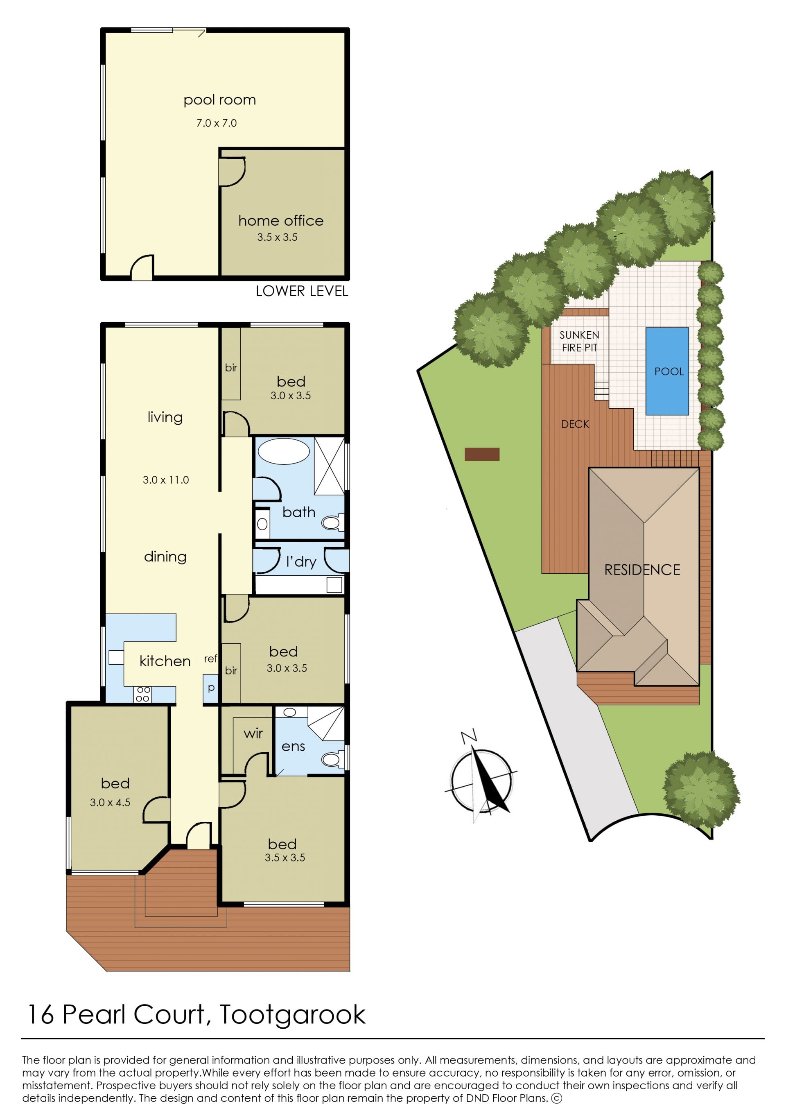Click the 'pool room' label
click(x=219, y=100)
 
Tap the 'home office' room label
click(x=281, y=221)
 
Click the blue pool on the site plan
click(x=667, y=371)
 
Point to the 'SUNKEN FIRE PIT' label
click(x=579, y=341)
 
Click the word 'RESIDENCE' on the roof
click(x=642, y=570)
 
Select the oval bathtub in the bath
click(x=284, y=452)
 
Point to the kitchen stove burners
click(x=143, y=694)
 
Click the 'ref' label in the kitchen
click(x=210, y=658)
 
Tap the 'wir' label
click(x=253, y=733)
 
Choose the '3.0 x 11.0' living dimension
click(x=165, y=480)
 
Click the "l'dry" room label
click(x=301, y=561)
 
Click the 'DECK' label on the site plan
click(x=575, y=424)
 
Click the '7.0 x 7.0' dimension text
click(x=216, y=123)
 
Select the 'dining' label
click(x=165, y=557)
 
